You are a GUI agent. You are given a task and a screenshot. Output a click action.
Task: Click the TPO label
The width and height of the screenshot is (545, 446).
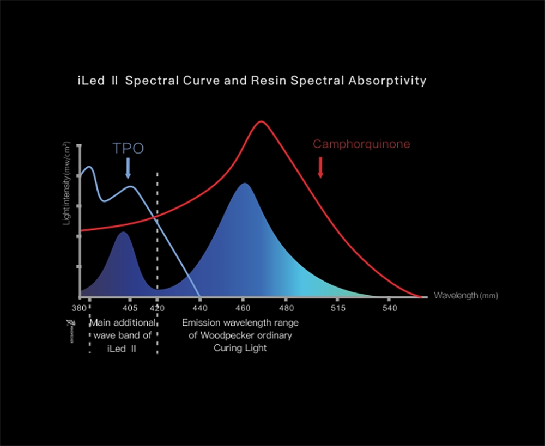tap(128, 149)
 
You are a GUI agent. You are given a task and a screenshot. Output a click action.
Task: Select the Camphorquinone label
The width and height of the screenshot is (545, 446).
tap(361, 144)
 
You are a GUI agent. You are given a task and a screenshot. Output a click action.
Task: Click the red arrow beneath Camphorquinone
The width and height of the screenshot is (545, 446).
tap(320, 167)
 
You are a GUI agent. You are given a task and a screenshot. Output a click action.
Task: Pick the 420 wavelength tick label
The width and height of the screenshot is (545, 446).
tap(158, 308)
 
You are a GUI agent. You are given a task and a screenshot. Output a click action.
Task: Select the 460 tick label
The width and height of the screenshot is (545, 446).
tap(243, 308)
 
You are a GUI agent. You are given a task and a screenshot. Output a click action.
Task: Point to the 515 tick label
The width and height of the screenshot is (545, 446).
tap(338, 308)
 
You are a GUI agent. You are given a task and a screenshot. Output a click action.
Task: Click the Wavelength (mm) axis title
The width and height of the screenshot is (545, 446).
tap(465, 296)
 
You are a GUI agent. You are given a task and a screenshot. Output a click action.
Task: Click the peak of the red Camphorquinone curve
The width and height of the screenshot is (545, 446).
tap(261, 121)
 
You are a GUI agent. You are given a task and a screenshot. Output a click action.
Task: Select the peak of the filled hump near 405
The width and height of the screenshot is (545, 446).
tap(124, 233)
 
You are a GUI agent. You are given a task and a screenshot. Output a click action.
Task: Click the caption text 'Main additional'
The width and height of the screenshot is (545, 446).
tap(123, 323)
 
